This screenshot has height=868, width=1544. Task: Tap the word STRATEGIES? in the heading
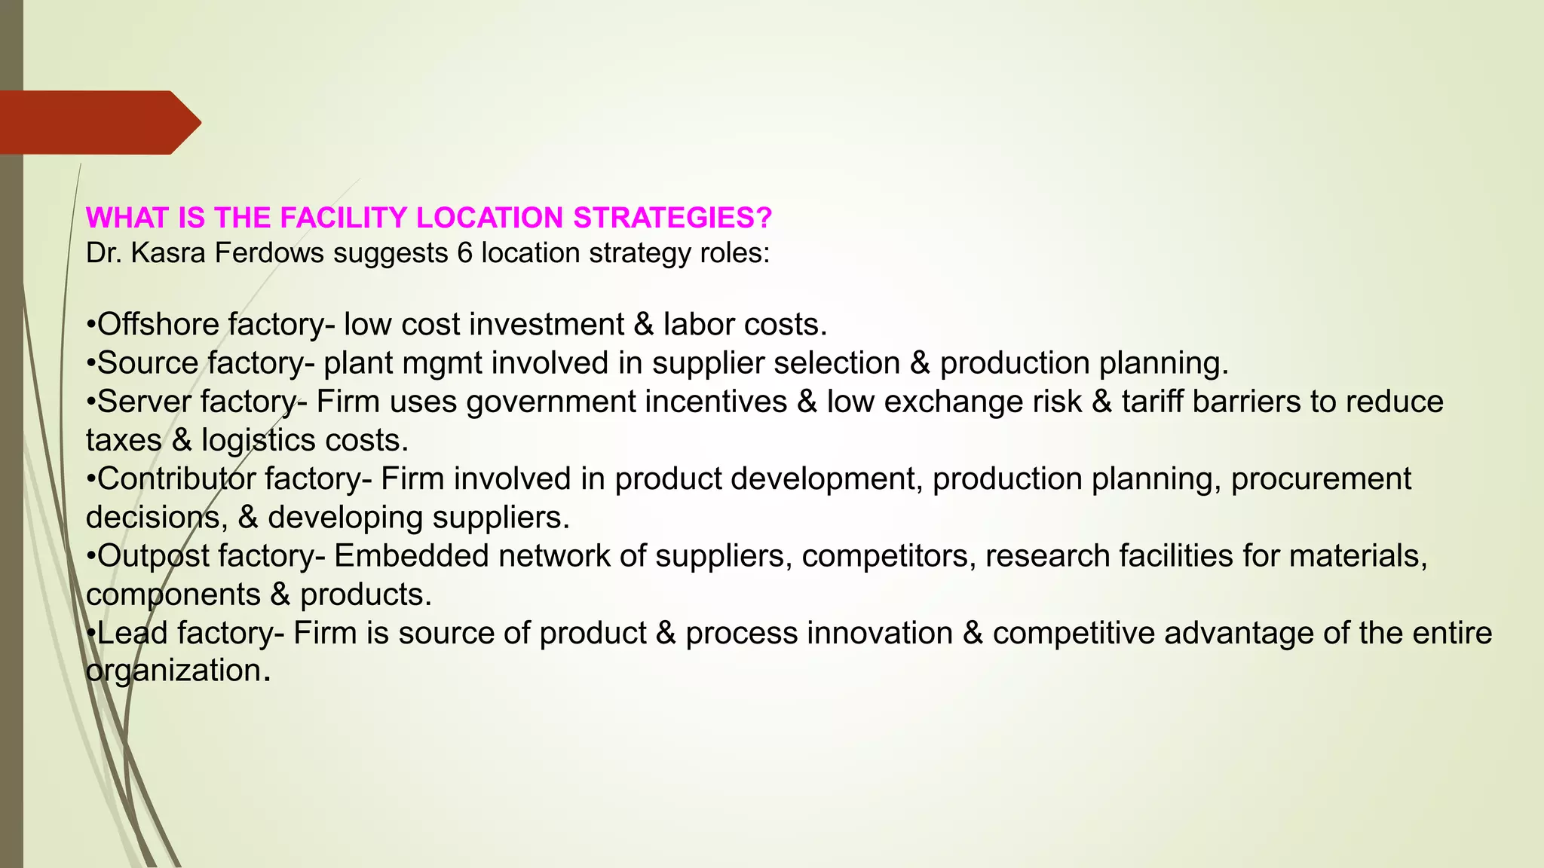[x=672, y=218]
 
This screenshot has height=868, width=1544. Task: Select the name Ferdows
[x=269, y=253]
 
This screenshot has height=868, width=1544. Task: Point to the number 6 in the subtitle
[x=464, y=253]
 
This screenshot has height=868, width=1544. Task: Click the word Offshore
[x=158, y=325]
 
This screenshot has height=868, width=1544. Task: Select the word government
[x=551, y=402]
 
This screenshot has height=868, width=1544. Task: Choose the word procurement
[x=1321, y=479]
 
